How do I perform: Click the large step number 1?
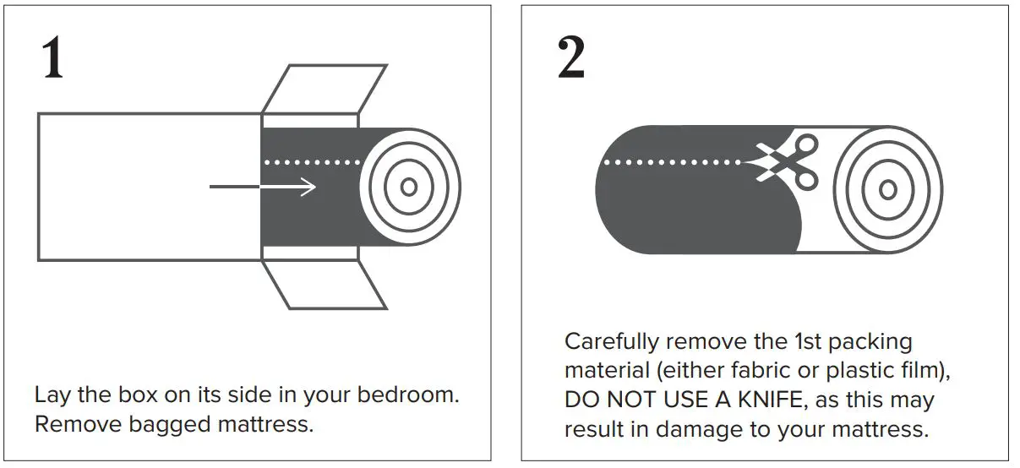click(x=52, y=58)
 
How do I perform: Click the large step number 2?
click(x=571, y=58)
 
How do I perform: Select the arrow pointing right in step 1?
click(x=263, y=187)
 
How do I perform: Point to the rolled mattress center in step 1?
click(x=410, y=187)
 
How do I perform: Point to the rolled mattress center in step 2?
click(x=887, y=188)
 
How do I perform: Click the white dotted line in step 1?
click(x=308, y=161)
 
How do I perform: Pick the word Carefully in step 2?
click(x=611, y=342)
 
